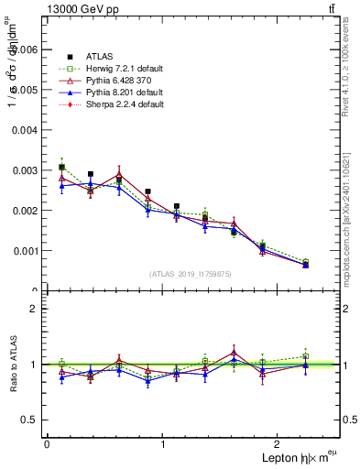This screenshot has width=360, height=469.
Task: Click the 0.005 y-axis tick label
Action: [24, 90]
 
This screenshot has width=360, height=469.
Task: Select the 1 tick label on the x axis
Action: [163, 444]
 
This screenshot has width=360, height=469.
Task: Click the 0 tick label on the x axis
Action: [47, 444]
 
